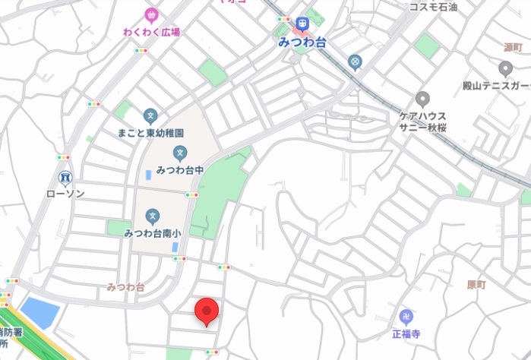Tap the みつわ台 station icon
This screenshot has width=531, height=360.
(303, 25)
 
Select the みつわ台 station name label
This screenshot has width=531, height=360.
(303, 43)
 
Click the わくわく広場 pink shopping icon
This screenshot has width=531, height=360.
(150, 14)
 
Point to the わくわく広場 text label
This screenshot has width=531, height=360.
(152, 32)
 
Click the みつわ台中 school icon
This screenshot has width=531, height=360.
(179, 153)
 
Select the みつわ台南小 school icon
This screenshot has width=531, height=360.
(153, 216)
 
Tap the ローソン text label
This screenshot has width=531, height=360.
(65, 194)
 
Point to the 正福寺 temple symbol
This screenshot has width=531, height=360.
(406, 316)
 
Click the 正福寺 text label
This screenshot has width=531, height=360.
(406, 333)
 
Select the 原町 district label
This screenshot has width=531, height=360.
(476, 285)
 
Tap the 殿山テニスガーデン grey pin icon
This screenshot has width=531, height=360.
(506, 69)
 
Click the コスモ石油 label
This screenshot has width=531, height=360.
(434, 7)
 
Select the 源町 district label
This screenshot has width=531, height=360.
(514, 47)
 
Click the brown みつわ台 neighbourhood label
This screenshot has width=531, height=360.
(125, 287)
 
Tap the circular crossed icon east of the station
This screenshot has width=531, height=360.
(354, 61)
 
